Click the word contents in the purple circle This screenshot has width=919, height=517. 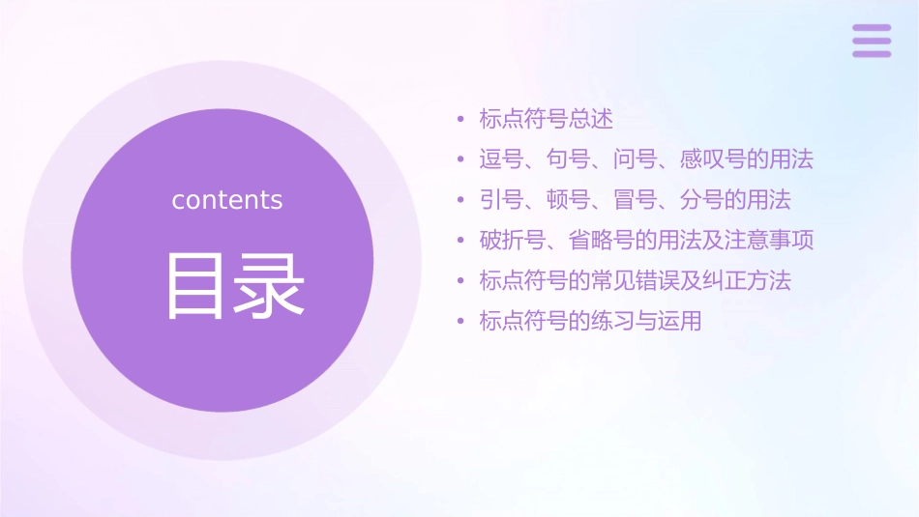227,200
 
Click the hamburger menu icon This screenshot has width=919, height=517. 872,41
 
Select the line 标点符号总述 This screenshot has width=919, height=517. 547,119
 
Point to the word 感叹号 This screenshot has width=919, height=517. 714,159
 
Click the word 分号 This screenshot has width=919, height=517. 702,200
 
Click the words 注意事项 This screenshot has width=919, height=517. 770,240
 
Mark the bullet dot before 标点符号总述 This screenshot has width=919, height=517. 461,120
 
